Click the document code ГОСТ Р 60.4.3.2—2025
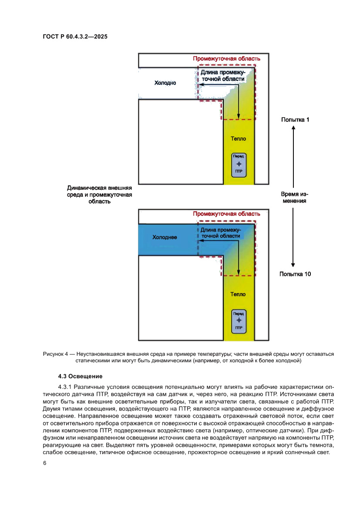(75, 37)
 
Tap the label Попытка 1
(295, 119)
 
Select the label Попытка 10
(295, 274)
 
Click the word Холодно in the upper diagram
(165, 83)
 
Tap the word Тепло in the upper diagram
(238, 139)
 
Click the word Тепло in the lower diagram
(238, 294)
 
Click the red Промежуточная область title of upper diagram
(227, 59)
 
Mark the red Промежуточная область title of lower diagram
(227, 214)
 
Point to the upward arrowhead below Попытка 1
(293, 128)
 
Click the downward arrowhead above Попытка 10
(293, 264)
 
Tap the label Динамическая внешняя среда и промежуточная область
(99, 195)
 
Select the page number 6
(44, 463)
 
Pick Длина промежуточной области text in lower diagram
(220, 233)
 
